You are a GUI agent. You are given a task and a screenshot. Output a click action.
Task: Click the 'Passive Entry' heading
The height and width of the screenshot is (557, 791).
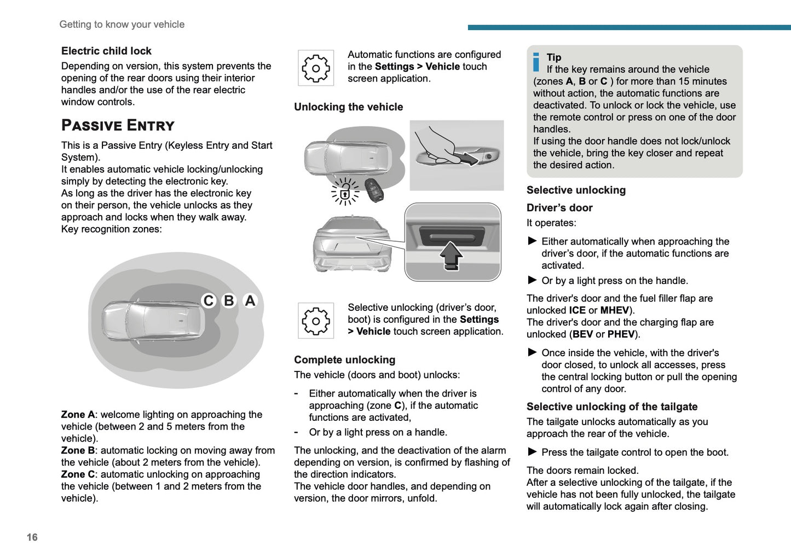point(118,125)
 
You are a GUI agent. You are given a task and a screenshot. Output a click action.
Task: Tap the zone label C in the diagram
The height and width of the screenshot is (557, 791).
point(209,301)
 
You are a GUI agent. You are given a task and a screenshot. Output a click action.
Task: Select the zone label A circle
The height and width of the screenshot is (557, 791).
point(250,301)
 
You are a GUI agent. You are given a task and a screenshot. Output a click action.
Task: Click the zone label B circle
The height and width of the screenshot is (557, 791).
point(229,301)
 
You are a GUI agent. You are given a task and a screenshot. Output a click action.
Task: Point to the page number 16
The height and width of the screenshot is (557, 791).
point(32,537)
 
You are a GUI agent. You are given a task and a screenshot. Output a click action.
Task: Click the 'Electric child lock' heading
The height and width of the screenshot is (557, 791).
point(106,51)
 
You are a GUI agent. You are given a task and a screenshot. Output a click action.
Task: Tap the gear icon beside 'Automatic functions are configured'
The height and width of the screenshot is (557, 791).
point(316,68)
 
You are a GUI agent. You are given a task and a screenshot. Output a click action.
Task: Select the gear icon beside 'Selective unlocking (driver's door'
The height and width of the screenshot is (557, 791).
point(316,321)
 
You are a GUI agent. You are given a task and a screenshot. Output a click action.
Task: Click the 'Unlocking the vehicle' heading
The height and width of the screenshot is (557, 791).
point(348,107)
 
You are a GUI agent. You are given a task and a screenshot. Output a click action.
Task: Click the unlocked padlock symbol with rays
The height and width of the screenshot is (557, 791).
point(345,192)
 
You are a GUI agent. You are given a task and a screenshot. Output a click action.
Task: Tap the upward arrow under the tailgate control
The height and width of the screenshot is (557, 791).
point(451,256)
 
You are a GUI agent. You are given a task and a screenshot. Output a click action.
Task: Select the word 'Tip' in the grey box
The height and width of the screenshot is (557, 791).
point(554,57)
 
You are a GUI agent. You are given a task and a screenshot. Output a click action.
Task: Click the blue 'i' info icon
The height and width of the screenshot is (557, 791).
point(536,62)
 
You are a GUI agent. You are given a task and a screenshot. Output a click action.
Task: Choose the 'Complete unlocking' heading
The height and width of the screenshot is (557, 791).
point(344,360)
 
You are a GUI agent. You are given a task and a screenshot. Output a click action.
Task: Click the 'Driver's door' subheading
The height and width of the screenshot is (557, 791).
point(559,208)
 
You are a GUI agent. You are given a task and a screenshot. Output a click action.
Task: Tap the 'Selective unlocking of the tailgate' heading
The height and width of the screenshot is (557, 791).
point(611,407)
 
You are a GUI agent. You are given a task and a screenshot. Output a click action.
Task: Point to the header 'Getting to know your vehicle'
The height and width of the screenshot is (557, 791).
point(122,25)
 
